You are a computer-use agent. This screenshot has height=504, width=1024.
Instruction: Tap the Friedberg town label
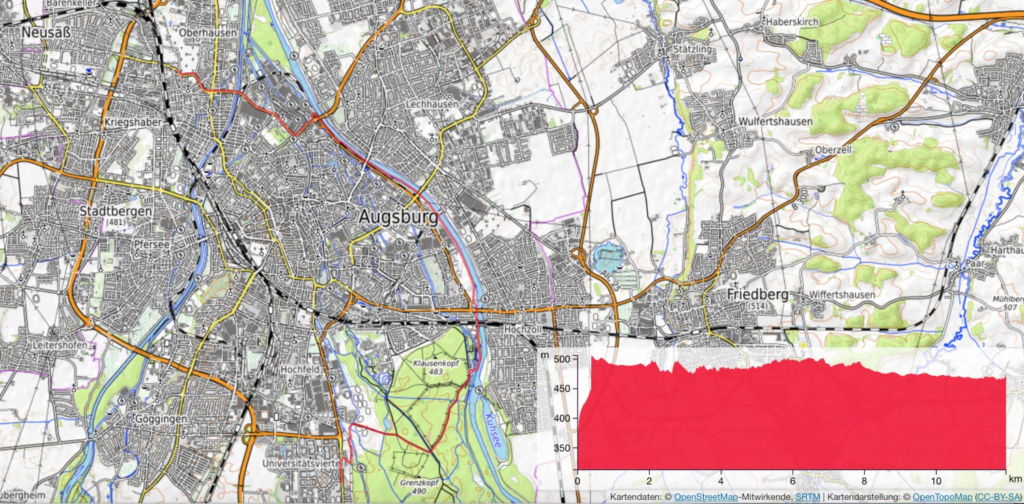coord(758,295)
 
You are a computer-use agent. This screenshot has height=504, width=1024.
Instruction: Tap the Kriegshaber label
coord(133,122)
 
